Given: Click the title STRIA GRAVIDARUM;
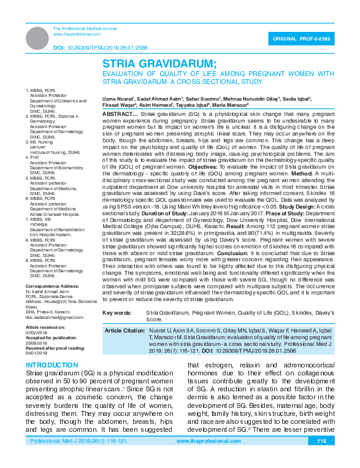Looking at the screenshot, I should click(x=159, y=64).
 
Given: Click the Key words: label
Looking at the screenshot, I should click(x=118, y=313).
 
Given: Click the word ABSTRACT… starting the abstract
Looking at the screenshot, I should click(x=119, y=115).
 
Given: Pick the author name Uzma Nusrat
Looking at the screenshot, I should click(x=117, y=98).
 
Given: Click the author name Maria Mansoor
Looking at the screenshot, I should click(x=229, y=105).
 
